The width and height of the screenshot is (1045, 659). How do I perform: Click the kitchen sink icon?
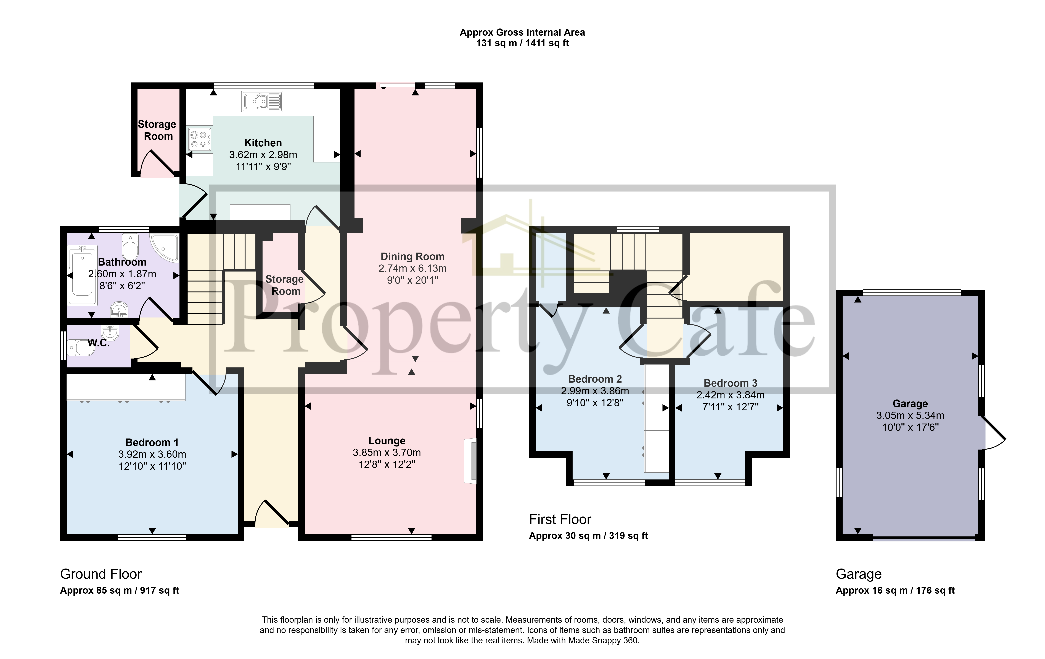coord(262,101)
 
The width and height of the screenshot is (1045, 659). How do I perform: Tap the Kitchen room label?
coord(263,143)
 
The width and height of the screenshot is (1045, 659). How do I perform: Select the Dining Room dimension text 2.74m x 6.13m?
coord(412,268)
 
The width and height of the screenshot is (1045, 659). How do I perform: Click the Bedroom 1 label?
coord(152,442)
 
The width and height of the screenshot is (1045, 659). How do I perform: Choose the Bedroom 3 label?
coord(730,383)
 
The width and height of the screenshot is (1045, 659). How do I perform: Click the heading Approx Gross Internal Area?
coord(522,32)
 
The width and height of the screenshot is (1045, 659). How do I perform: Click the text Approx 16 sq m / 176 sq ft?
coord(895,590)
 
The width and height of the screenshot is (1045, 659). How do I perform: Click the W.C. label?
coord(99,343)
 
